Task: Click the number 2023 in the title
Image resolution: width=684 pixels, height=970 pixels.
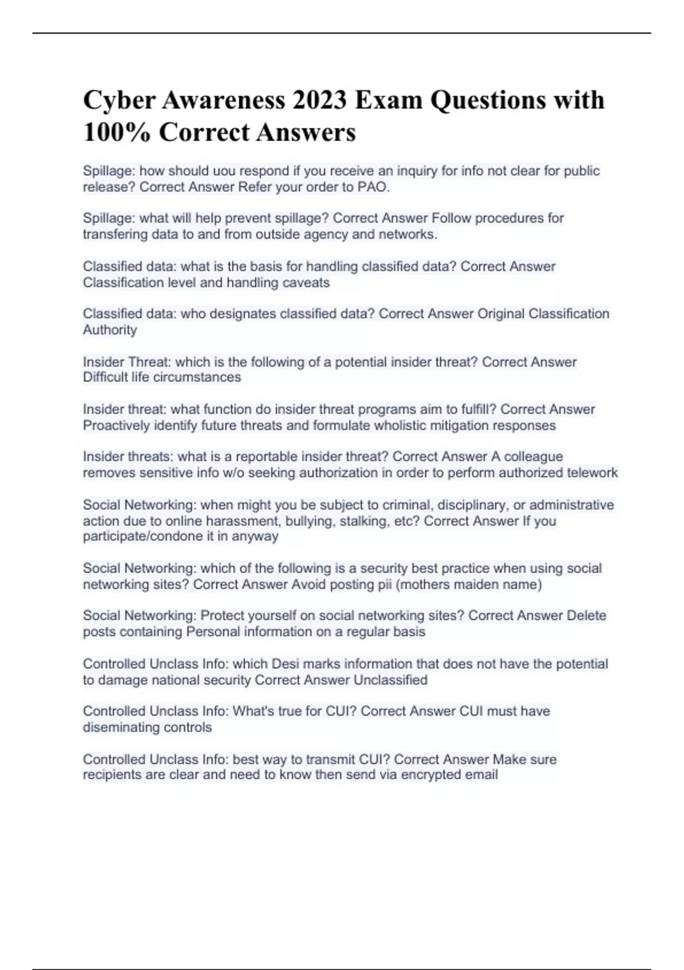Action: pyautogui.click(x=319, y=100)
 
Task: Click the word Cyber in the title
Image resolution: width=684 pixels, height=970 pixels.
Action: pyautogui.click(x=119, y=100)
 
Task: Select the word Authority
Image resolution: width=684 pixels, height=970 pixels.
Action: pyautogui.click(x=110, y=330)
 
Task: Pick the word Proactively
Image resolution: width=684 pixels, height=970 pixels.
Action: pyautogui.click(x=117, y=426)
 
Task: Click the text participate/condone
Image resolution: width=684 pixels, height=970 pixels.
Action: pyautogui.click(x=141, y=537)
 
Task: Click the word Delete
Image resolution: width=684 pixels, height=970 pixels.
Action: pyautogui.click(x=586, y=616)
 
